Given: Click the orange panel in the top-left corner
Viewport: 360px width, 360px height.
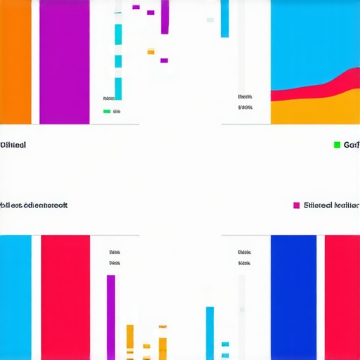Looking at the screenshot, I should pyautogui.click(x=15, y=62).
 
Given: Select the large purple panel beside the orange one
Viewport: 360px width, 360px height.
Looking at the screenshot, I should pyautogui.click(x=64, y=62).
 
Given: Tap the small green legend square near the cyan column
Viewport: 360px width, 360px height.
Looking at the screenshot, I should pyautogui.click(x=107, y=111).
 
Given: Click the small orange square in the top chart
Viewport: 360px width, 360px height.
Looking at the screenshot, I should pyautogui.click(x=150, y=51).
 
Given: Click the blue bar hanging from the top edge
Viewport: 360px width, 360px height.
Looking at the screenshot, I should pyautogui.click(x=225, y=18).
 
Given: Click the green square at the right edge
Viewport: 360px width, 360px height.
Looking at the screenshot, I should pyautogui.click(x=337, y=145).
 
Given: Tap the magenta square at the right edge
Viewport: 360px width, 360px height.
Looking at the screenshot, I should pyautogui.click(x=297, y=205).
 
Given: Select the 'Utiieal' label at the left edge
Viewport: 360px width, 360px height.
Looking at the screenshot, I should pyautogui.click(x=13, y=145).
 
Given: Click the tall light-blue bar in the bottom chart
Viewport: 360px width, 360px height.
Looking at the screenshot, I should pyautogui.click(x=210, y=333).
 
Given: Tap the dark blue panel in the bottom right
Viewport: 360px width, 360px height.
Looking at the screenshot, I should pyautogui.click(x=293, y=297).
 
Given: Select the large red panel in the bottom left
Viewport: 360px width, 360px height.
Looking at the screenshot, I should pyautogui.click(x=65, y=297).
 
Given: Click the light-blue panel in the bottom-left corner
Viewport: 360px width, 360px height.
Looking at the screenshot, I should pyautogui.click(x=15, y=297).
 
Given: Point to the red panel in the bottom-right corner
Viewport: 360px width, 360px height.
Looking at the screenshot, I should pyautogui.click(x=342, y=297).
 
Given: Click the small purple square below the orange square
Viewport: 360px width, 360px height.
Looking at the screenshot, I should pyautogui.click(x=164, y=60).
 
